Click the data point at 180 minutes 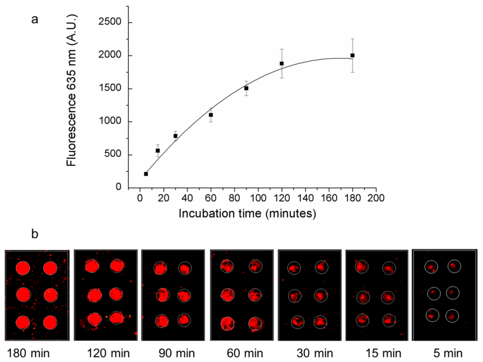pos(352,55)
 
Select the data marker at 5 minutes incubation pos(146,174)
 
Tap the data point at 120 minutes pos(282,63)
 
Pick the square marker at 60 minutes pos(211,115)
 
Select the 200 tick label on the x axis pos(376,198)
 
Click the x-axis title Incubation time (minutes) pos(247,214)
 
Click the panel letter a pos(34,21)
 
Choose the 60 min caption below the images pos(238,353)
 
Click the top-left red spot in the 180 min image pos(23,269)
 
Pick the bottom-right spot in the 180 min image pos(50,322)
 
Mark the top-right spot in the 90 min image pos(184,269)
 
